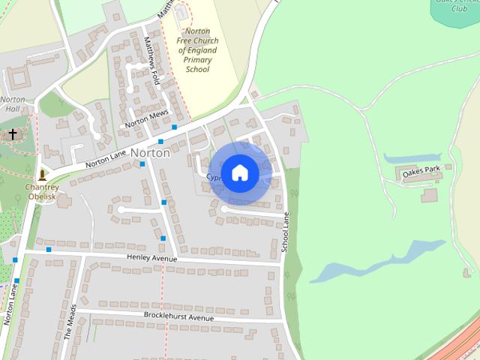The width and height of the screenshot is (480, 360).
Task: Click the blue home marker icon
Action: click(x=239, y=172)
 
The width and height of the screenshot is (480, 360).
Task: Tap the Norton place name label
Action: click(x=150, y=152)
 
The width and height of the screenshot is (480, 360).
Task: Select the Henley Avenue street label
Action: click(x=152, y=258)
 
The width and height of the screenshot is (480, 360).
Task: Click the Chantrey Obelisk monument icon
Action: click(x=43, y=175)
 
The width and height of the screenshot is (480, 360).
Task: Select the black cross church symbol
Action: click(x=13, y=134)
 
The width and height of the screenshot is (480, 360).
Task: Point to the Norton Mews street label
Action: click(x=147, y=120)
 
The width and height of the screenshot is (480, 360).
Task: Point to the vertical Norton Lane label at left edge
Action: click(x=9, y=304)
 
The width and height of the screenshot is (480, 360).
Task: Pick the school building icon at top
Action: click(x=181, y=13)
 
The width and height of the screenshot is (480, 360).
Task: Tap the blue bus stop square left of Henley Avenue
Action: click(x=49, y=250)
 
